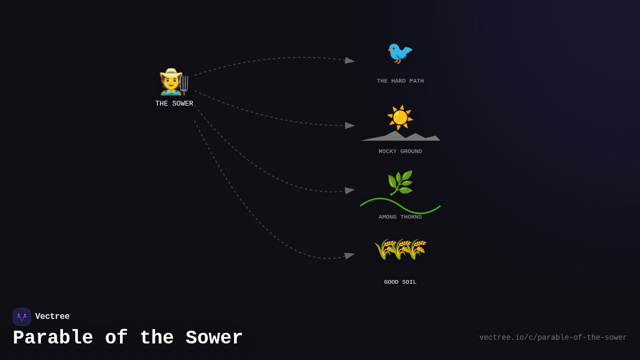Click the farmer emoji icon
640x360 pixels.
[173, 82]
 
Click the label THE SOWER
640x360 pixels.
[174, 103]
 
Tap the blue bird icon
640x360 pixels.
[400, 53]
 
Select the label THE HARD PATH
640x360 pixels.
[400, 81]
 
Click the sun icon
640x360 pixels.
[400, 117]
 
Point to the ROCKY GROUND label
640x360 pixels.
[400, 151]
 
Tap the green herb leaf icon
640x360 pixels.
[400, 183]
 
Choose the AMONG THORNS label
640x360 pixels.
[400, 217]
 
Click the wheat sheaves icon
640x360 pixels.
[400, 249]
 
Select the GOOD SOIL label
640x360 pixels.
[400, 282]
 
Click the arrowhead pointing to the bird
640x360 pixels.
[350, 60]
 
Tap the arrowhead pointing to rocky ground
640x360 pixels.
[350, 125]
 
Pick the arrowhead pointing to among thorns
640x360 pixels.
[350, 190]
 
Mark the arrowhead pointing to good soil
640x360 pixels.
[350, 256]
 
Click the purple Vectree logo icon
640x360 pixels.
[22, 317]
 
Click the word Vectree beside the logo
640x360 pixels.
[52, 317]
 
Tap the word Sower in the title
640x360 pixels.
[214, 338]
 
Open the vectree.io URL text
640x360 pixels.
[553, 338]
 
